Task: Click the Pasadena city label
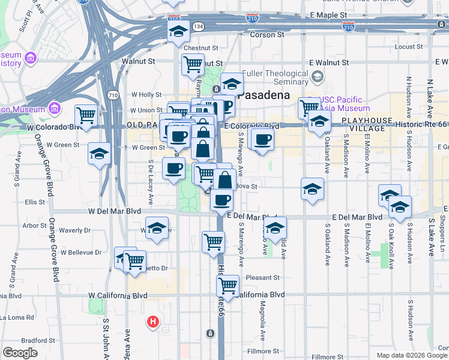(264, 95)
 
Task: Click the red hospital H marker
(154, 322)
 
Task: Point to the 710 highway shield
(112, 95)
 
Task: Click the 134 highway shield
(198, 27)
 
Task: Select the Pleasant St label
(263, 278)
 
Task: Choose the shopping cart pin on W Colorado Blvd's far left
(86, 115)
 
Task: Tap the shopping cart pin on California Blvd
(228, 285)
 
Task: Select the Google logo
(20, 353)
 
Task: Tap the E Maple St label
(329, 14)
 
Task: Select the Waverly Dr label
(75, 230)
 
